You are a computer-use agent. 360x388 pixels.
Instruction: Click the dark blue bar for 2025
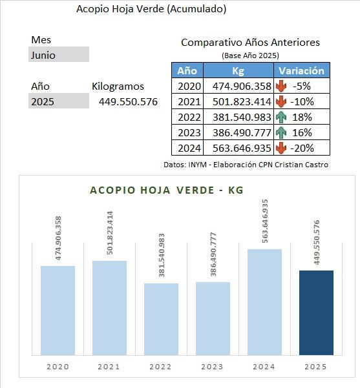(316, 312)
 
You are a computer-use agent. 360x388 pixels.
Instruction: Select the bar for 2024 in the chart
(264, 302)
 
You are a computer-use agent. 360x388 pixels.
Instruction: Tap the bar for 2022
(162, 319)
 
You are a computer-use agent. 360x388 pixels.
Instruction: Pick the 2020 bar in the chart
(58, 311)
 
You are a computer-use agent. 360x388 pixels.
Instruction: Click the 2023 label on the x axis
(213, 367)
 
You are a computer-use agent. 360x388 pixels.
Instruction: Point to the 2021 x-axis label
(109, 367)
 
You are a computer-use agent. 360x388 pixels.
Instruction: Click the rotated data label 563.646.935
(265, 221)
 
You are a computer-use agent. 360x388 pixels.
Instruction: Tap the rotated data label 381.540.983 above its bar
(162, 255)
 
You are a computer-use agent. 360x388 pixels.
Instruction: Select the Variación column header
(302, 71)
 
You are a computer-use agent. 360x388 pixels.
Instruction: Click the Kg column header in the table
(238, 71)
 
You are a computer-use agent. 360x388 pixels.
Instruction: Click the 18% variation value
(302, 117)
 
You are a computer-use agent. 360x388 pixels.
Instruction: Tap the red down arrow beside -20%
(281, 148)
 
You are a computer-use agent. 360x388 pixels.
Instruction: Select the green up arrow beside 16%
(281, 132)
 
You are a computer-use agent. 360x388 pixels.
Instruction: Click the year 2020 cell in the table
(189, 87)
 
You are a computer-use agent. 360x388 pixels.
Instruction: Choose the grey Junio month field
(59, 54)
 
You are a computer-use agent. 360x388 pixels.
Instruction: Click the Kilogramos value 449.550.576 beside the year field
(128, 102)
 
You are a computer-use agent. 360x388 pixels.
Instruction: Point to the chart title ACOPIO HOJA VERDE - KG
(167, 190)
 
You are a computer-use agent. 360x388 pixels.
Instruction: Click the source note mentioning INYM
(246, 165)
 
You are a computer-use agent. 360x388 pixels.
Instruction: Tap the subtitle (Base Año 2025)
(250, 56)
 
